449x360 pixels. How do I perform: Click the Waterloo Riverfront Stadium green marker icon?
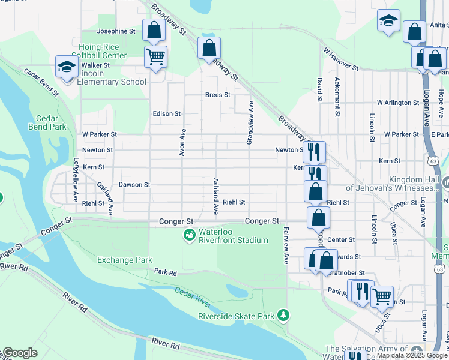click(x=190, y=233)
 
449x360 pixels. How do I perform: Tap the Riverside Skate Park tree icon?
click(x=283, y=315)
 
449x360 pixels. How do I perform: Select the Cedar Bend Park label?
click(x=47, y=122)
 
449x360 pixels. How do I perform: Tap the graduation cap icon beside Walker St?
click(x=67, y=67)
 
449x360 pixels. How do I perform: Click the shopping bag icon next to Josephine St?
click(x=154, y=30)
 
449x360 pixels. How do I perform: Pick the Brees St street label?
click(x=217, y=95)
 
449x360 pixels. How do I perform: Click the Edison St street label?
click(x=167, y=113)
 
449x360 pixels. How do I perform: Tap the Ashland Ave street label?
click(x=215, y=196)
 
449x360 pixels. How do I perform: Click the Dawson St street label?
click(x=134, y=185)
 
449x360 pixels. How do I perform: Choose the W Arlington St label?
click(x=397, y=103)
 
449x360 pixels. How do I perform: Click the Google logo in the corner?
click(x=20, y=353)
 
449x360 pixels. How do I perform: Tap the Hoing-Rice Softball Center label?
click(x=102, y=51)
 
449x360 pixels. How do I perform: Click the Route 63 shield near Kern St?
click(x=433, y=161)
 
